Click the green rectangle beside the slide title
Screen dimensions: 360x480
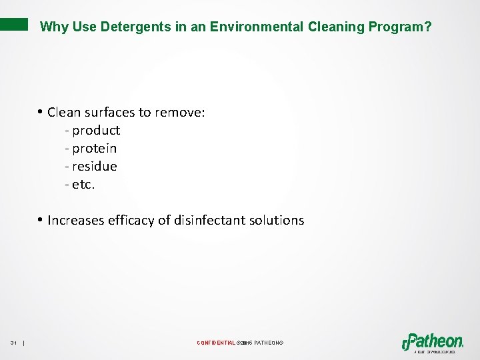(x=14, y=25)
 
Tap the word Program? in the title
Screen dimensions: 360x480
(x=401, y=27)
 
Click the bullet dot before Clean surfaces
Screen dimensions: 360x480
(x=41, y=111)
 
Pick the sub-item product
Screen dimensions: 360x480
(x=96, y=131)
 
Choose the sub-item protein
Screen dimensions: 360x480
(x=94, y=149)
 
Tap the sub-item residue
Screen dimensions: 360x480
(x=94, y=167)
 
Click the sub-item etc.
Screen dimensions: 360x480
(x=83, y=185)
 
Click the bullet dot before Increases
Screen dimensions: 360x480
(x=41, y=219)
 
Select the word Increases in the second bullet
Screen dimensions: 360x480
(x=77, y=221)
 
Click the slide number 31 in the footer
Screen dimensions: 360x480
(x=13, y=343)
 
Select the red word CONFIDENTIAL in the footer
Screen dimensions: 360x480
(x=216, y=343)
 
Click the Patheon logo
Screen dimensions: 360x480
(x=433, y=341)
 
